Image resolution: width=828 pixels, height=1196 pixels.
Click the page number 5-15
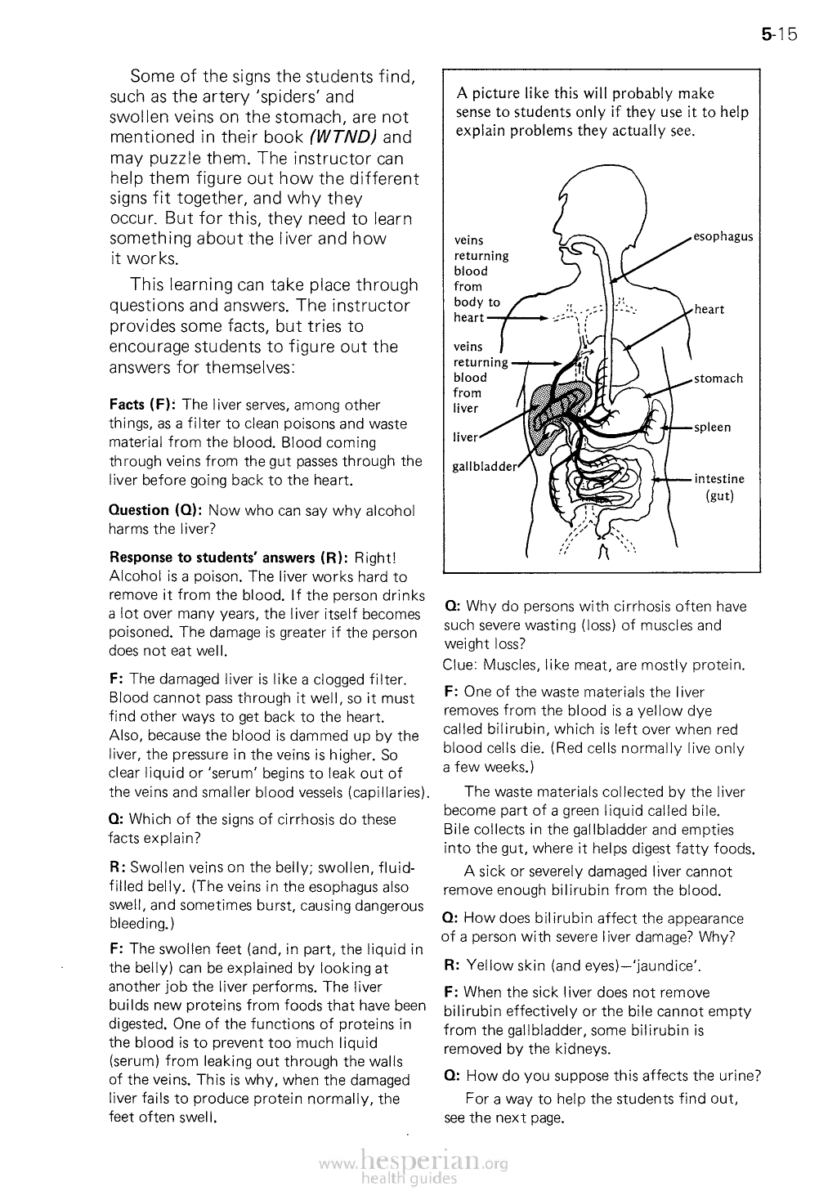[777, 35]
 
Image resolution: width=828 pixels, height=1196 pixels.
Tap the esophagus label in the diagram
[723, 237]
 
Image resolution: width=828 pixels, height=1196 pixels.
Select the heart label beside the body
[709, 309]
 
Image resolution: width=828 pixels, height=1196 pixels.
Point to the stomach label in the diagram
[718, 379]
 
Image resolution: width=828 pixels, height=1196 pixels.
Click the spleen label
[712, 428]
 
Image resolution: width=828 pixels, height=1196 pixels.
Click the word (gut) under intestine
[718, 496]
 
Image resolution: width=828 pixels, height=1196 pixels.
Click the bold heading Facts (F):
[144, 405]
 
